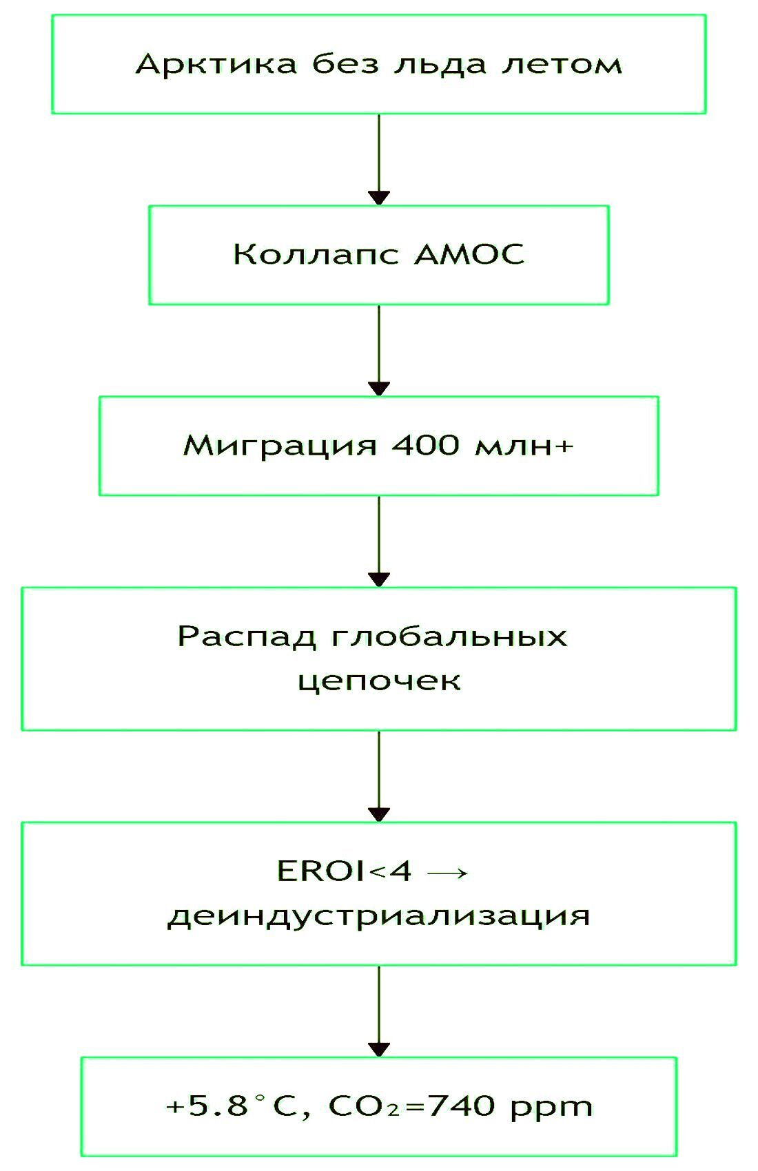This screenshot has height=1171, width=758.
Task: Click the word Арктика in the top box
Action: point(216,64)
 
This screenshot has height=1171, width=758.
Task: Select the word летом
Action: point(562,65)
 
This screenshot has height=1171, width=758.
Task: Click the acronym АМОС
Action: point(469,255)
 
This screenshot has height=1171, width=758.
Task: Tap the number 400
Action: point(425,446)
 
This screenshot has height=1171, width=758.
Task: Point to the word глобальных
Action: point(450,636)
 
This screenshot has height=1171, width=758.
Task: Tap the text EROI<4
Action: point(344,871)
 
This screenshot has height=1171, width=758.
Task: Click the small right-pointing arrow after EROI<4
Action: point(447,873)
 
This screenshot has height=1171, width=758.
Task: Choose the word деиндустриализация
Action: point(379,916)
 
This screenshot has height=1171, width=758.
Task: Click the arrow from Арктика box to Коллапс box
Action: point(379,159)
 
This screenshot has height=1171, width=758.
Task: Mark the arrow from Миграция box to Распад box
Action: point(379,541)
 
